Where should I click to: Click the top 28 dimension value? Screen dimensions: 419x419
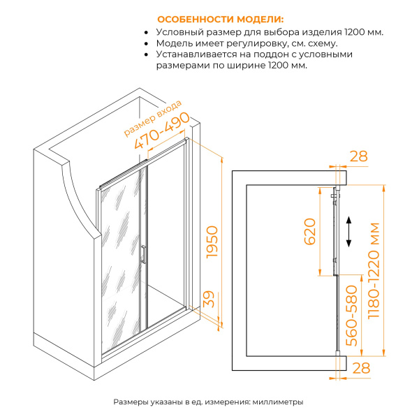[x=358, y=156]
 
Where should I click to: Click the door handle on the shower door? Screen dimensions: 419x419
[x=142, y=254]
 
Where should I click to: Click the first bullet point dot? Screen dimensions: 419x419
[x=146, y=32]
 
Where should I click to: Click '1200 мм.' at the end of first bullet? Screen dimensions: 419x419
[x=365, y=32]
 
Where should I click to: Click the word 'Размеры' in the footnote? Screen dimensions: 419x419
[x=131, y=403]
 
